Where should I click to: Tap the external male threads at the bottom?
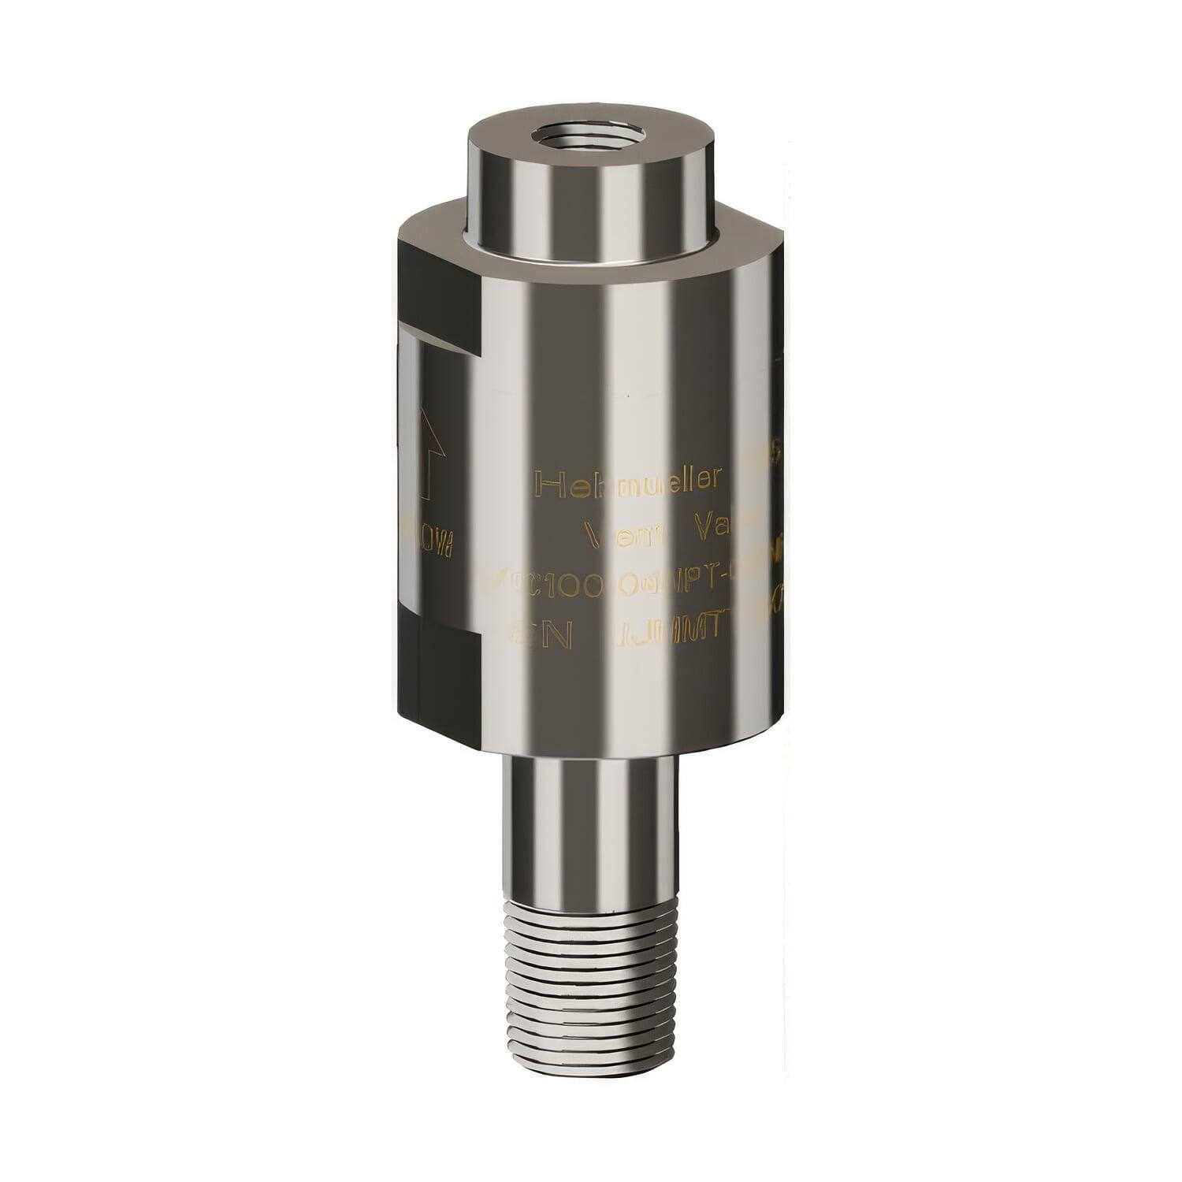(x=590, y=977)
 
